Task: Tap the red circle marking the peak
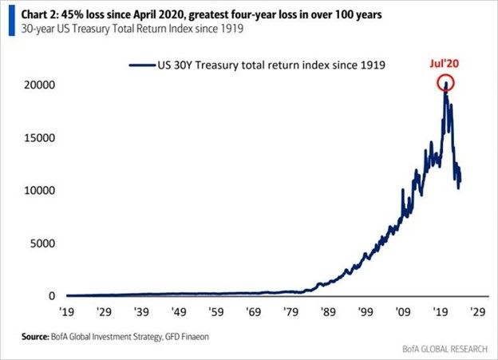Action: click(x=445, y=82)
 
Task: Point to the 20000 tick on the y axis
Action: click(x=38, y=85)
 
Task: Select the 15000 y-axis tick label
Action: click(x=38, y=138)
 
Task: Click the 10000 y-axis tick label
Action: click(x=38, y=191)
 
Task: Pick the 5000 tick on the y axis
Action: click(x=41, y=243)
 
